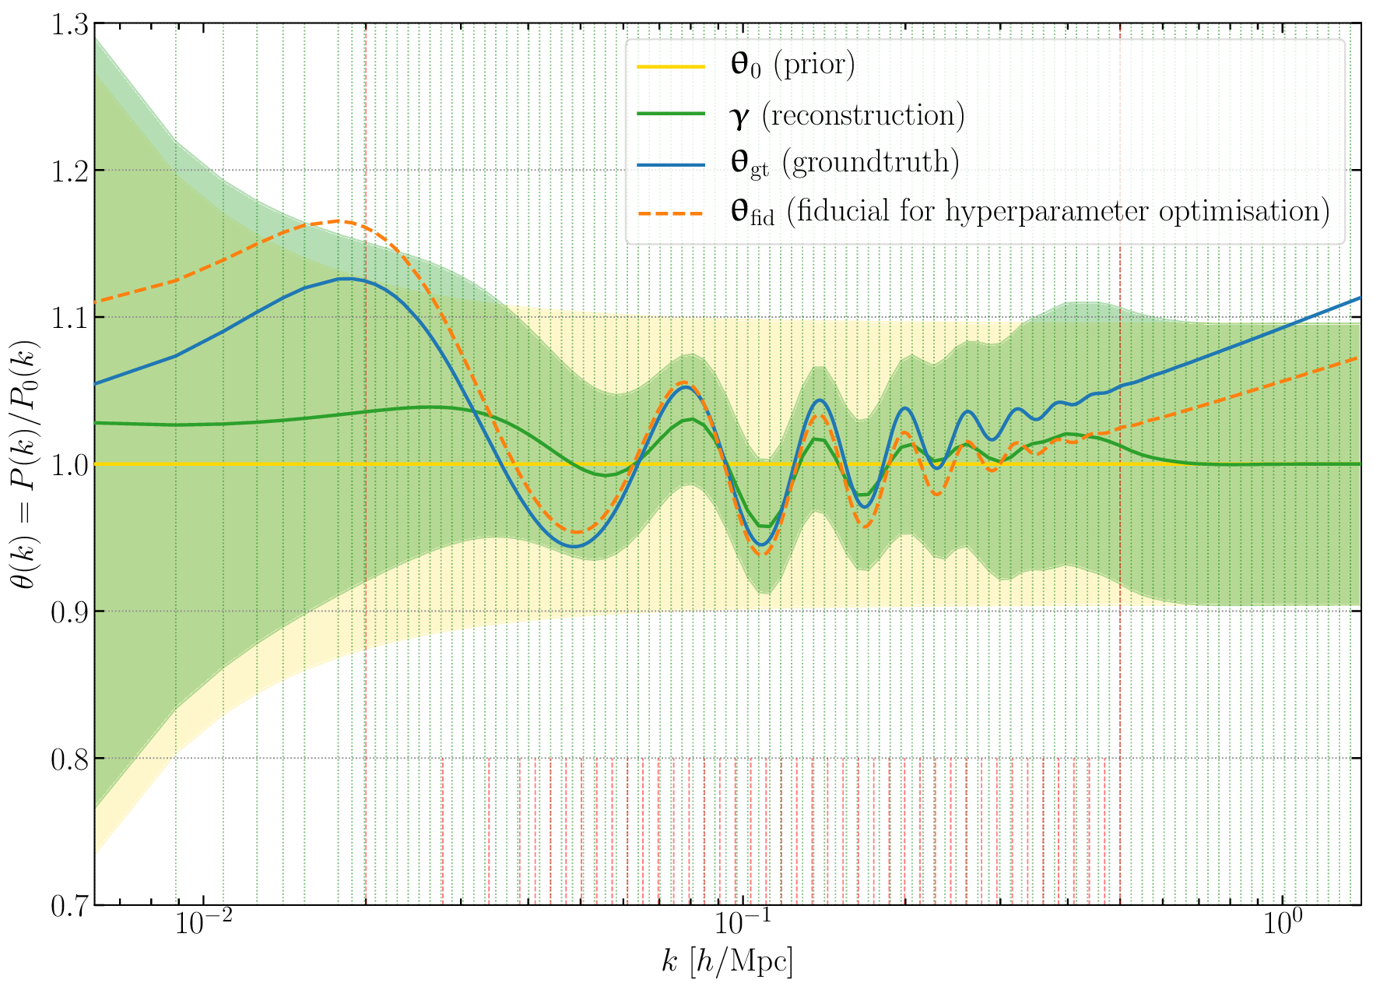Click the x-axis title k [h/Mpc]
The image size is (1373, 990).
pyautogui.click(x=727, y=964)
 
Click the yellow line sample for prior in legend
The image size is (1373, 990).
pyautogui.click(x=671, y=67)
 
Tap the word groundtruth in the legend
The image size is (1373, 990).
pyautogui.click(x=869, y=162)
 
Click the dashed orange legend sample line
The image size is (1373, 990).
pyautogui.click(x=671, y=212)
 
